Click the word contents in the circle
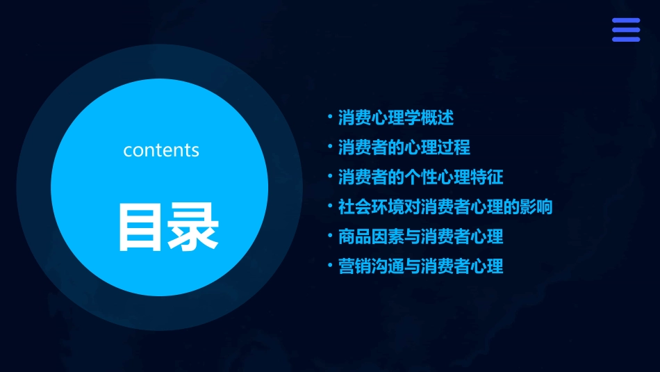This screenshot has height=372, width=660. (161, 150)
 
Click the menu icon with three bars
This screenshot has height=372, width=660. (625, 30)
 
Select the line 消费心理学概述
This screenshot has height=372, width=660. (396, 118)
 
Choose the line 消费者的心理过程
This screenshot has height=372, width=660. (404, 147)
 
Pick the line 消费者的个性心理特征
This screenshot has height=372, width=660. (420, 177)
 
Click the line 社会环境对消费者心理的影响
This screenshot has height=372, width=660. (445, 207)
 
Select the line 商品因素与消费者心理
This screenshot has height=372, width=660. (420, 236)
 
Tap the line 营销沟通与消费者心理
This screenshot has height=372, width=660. (420, 266)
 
